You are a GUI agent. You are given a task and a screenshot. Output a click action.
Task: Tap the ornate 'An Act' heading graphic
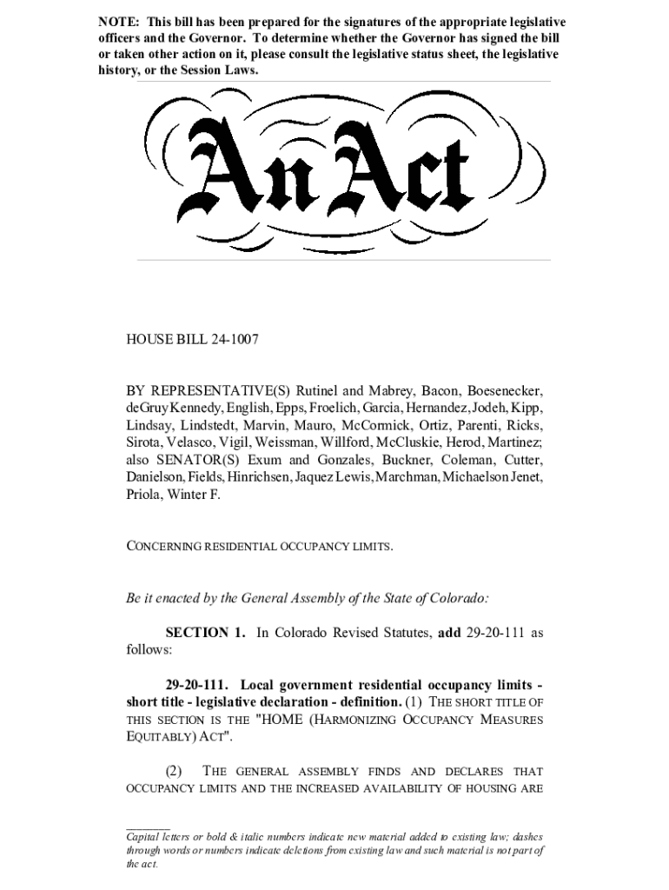(x=335, y=170)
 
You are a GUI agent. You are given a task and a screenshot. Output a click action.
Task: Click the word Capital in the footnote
(x=144, y=836)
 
